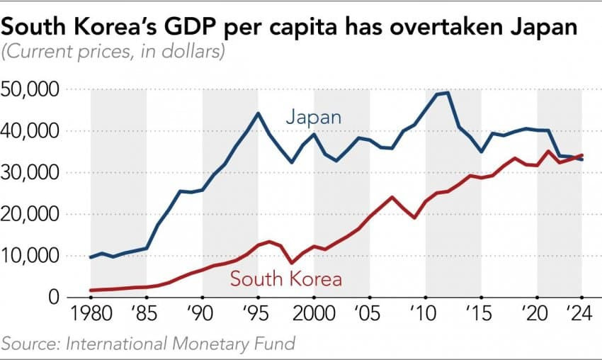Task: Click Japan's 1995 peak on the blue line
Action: click(259, 113)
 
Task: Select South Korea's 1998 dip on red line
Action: click(292, 263)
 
